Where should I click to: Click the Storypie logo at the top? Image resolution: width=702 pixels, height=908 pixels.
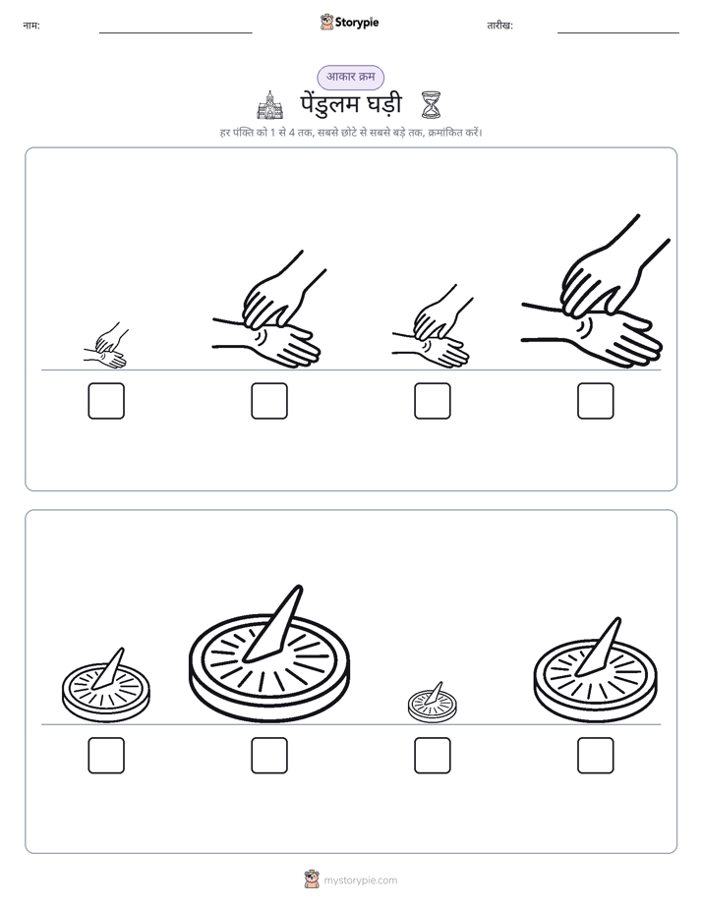click(349, 22)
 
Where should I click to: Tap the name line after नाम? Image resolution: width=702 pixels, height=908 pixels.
click(175, 32)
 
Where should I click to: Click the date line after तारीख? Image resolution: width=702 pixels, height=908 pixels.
click(618, 32)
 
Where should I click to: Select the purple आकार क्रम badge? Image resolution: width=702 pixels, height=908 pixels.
click(350, 77)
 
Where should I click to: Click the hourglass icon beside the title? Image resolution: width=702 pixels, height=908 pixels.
click(431, 105)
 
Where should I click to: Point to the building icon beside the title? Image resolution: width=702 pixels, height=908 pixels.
click(270, 105)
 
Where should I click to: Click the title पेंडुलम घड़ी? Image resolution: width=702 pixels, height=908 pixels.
click(351, 104)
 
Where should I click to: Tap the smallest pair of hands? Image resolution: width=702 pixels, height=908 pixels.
click(106, 346)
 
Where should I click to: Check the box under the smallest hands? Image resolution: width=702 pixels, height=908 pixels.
click(106, 401)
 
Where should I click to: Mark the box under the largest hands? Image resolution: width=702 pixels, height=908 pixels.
click(596, 401)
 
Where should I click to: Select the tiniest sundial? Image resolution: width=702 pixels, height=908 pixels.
click(432, 703)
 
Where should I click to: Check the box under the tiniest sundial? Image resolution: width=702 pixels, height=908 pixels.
click(433, 756)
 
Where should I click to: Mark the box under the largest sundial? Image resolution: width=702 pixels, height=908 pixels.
click(269, 756)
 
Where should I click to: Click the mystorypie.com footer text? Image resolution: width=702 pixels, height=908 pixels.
click(360, 880)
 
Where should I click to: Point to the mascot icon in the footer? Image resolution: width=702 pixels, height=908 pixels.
click(312, 880)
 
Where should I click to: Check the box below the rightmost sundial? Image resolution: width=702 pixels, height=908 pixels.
click(596, 756)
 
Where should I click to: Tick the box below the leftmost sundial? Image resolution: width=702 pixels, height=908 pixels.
click(106, 756)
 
